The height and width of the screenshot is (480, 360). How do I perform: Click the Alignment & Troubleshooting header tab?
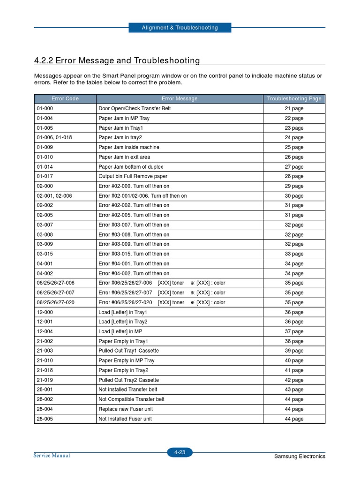click(180, 28)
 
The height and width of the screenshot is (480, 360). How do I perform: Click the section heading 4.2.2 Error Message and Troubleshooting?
click(117, 60)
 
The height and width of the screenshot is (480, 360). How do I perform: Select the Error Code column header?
click(65, 99)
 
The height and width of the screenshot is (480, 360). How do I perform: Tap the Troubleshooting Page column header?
click(294, 99)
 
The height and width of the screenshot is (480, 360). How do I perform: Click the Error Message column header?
click(180, 99)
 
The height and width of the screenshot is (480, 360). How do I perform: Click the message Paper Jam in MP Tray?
click(124, 118)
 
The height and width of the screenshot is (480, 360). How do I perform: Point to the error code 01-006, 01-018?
click(54, 138)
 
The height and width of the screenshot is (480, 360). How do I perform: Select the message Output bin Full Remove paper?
click(133, 177)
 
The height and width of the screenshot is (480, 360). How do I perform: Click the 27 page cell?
click(294, 167)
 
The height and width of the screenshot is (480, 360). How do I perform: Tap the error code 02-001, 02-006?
click(54, 196)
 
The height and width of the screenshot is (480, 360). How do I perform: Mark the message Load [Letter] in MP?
click(120, 332)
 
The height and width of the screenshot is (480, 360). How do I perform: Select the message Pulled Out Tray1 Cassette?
click(129, 351)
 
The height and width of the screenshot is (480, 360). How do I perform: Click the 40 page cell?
click(294, 361)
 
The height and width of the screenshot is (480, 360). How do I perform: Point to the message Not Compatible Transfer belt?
click(132, 399)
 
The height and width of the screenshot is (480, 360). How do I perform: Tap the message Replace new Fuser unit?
click(126, 409)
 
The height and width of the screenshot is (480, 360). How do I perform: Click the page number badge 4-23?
click(180, 452)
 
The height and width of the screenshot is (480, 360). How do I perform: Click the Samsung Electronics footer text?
click(300, 457)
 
